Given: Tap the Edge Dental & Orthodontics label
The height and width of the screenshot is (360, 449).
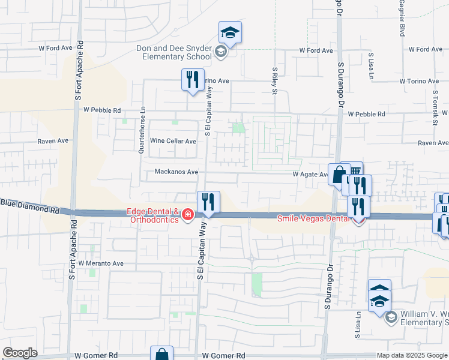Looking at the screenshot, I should tap(152, 215).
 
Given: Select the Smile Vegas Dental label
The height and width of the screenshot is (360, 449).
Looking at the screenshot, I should tap(312, 219).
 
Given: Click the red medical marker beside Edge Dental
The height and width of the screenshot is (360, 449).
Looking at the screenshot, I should tap(188, 214).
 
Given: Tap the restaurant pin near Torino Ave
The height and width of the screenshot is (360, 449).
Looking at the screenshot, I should tap(192, 80).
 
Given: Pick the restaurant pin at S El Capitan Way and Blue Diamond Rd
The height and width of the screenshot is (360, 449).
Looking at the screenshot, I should tap(208, 202).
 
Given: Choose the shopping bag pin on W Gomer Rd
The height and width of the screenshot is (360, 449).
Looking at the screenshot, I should tap(161, 354).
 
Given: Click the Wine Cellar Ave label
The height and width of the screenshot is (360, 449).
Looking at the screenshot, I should tap(173, 142).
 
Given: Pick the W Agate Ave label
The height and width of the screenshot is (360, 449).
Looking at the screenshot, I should tap(310, 175).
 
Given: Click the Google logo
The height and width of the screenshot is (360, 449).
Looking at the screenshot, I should tap(20, 353).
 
